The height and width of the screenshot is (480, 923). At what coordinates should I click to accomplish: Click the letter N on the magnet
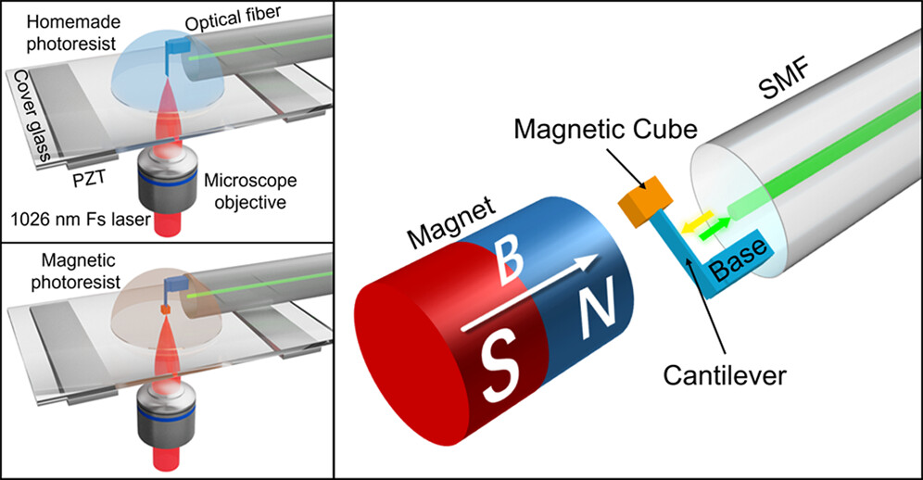(592, 309)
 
